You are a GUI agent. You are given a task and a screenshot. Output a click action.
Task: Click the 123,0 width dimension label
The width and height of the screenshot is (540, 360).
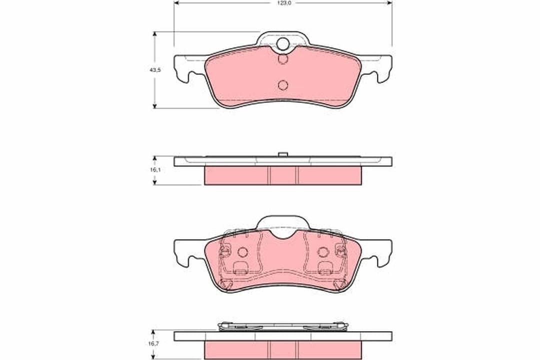click(x=283, y=3)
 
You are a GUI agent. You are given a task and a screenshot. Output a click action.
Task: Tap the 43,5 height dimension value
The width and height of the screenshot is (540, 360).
click(x=155, y=70)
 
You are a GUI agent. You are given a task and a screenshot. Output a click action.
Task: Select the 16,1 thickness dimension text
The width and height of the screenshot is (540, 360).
click(x=155, y=170)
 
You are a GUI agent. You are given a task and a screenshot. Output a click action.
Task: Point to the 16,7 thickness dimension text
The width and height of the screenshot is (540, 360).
click(x=155, y=344)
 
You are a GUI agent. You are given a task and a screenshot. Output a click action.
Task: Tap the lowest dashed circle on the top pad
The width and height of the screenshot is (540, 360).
click(x=283, y=84)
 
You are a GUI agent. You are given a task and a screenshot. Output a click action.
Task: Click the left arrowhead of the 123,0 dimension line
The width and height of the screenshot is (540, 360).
click(x=176, y=3)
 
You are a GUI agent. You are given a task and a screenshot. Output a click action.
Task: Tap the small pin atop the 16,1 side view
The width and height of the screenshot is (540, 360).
click(x=283, y=154)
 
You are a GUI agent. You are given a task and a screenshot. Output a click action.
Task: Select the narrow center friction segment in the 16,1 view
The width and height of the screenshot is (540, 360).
click(x=283, y=175)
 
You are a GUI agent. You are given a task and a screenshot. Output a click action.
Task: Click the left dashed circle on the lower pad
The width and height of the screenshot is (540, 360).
click(x=243, y=252)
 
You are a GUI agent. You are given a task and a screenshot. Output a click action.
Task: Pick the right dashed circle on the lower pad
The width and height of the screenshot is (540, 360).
click(x=323, y=252)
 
